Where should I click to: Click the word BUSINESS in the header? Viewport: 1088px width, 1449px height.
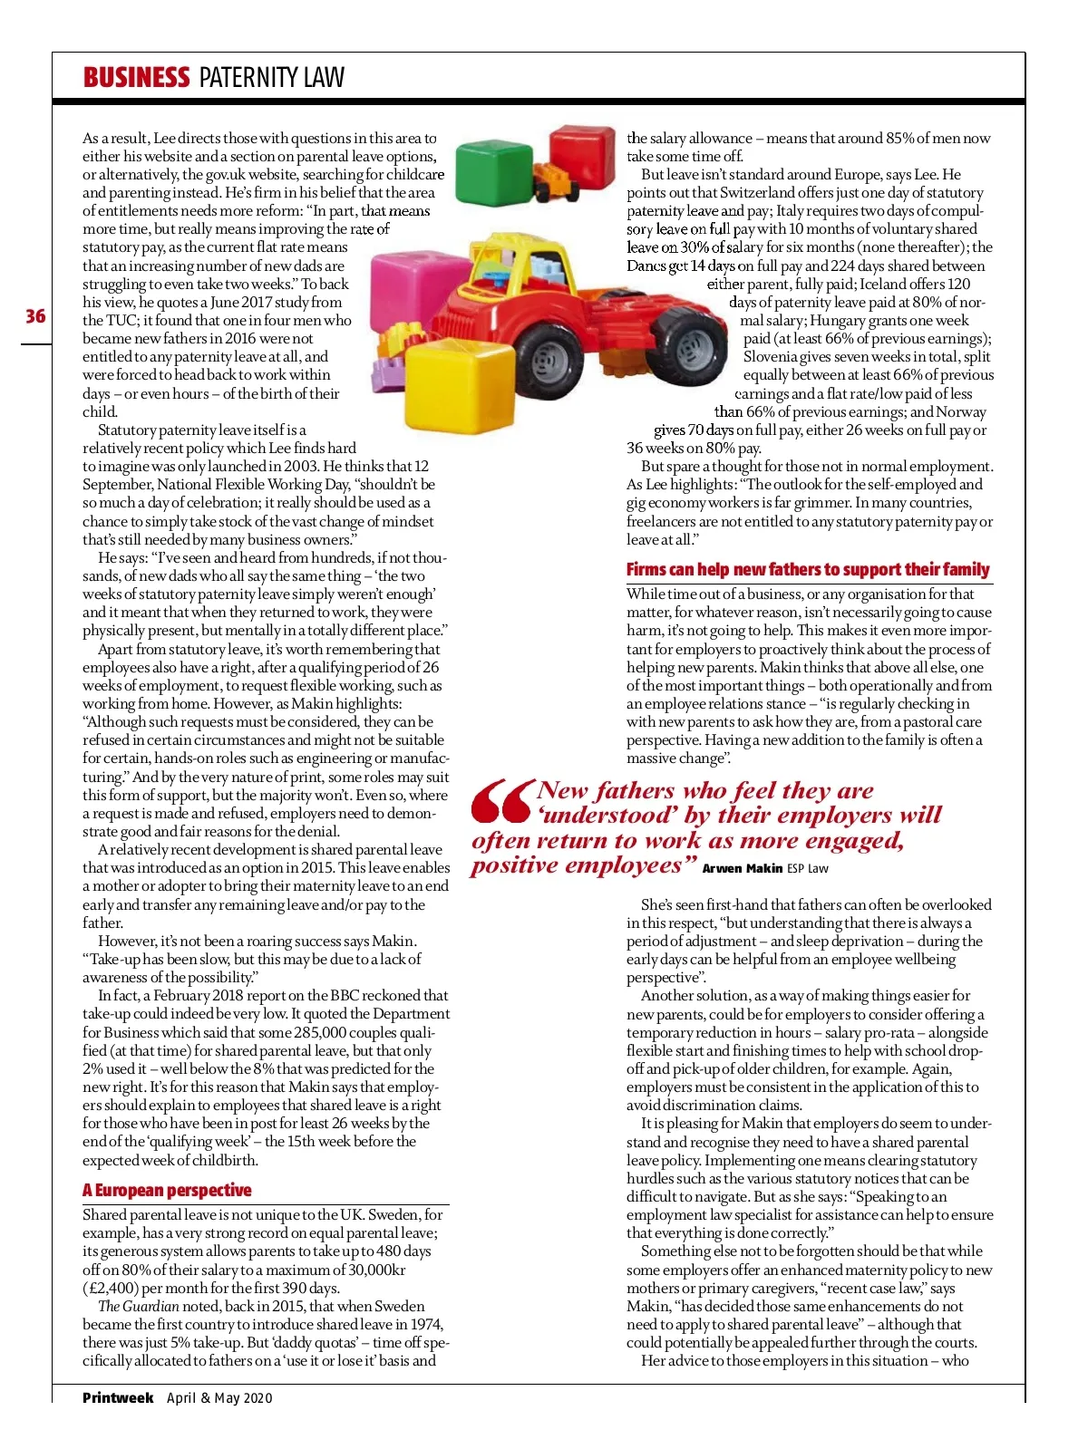(x=136, y=78)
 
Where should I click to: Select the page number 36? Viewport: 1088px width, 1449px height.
(x=35, y=316)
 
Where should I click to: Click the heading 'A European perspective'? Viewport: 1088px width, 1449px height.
(x=167, y=1190)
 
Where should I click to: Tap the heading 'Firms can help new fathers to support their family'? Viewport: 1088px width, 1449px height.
(x=807, y=569)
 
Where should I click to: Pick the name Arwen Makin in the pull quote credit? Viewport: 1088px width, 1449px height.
(x=742, y=868)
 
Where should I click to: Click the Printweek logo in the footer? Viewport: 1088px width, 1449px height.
(x=118, y=1397)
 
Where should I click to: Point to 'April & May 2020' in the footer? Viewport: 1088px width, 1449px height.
(x=219, y=1397)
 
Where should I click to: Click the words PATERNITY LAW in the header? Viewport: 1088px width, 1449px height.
(x=272, y=78)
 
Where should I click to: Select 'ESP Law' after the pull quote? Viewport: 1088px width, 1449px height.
(x=807, y=868)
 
